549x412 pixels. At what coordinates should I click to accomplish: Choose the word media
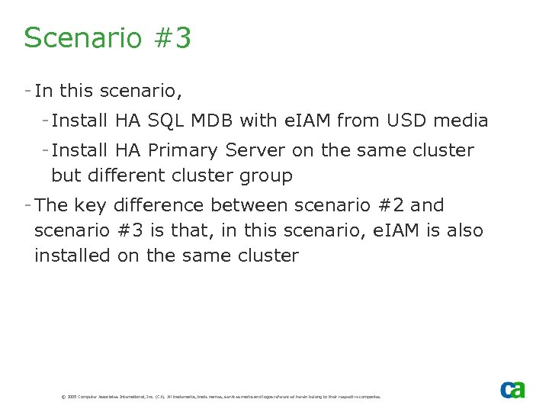click(461, 120)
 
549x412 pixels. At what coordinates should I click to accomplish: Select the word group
click(266, 176)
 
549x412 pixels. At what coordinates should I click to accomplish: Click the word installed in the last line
click(72, 256)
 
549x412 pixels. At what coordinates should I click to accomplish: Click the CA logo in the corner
click(512, 389)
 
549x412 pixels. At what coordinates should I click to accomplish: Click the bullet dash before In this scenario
click(27, 91)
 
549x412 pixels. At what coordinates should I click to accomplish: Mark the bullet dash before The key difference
click(27, 205)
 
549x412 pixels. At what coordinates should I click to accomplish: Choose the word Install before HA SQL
click(80, 120)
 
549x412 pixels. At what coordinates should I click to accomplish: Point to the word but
click(66, 176)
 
